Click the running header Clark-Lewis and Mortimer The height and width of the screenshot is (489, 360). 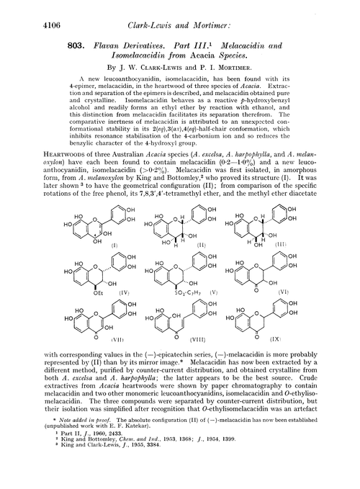[x=179, y=12]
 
